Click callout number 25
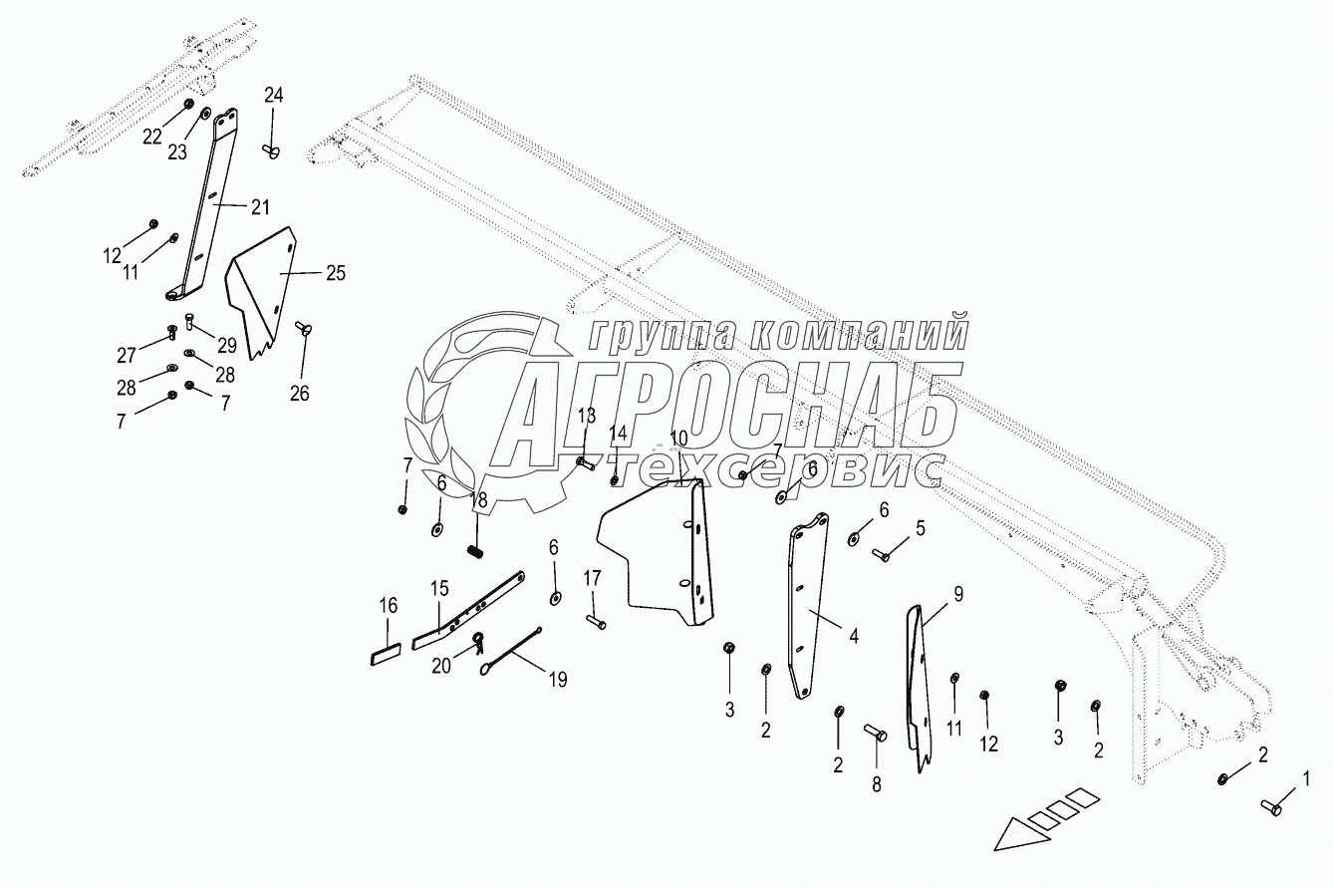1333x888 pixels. [336, 272]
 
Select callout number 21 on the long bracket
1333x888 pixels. [259, 207]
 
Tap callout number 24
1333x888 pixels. [273, 96]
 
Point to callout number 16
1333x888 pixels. [388, 605]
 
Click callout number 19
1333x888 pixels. [557, 680]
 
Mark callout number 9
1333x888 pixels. [957, 595]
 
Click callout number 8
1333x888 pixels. [877, 784]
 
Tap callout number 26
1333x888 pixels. [299, 393]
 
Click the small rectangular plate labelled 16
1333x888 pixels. [385, 656]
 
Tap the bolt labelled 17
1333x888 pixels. [595, 624]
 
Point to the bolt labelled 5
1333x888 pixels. [882, 554]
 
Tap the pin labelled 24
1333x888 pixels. [272, 149]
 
